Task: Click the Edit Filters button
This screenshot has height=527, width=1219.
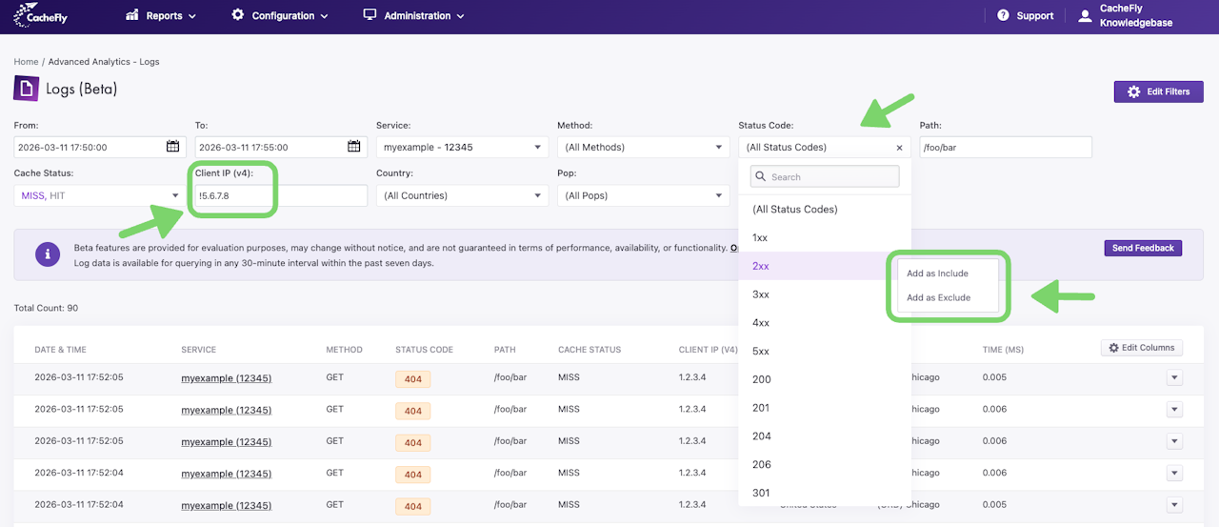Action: pyautogui.click(x=1158, y=91)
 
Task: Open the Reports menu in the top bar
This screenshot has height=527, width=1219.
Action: pyautogui.click(x=161, y=15)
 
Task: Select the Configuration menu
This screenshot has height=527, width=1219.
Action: pyautogui.click(x=280, y=15)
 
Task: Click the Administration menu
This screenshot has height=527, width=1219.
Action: pyautogui.click(x=413, y=15)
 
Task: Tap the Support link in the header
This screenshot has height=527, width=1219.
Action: pyautogui.click(x=1026, y=16)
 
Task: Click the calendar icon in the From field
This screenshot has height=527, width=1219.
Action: pyautogui.click(x=172, y=147)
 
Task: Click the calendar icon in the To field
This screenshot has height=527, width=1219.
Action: pyautogui.click(x=353, y=147)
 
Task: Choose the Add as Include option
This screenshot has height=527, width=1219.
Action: pyautogui.click(x=937, y=274)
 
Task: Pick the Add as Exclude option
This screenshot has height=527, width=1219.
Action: pyautogui.click(x=938, y=297)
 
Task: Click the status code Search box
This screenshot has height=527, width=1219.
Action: pyautogui.click(x=825, y=177)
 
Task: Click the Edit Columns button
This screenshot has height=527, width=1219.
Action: pyautogui.click(x=1142, y=348)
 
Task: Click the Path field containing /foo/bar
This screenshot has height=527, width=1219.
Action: pyautogui.click(x=1005, y=147)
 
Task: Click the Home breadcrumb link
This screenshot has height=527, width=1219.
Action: pyautogui.click(x=26, y=62)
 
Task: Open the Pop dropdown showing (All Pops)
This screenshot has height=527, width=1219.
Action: pyautogui.click(x=643, y=195)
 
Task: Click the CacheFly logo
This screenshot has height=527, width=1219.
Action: pyautogui.click(x=40, y=15)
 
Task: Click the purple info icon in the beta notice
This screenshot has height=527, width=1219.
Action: pyautogui.click(x=48, y=254)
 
